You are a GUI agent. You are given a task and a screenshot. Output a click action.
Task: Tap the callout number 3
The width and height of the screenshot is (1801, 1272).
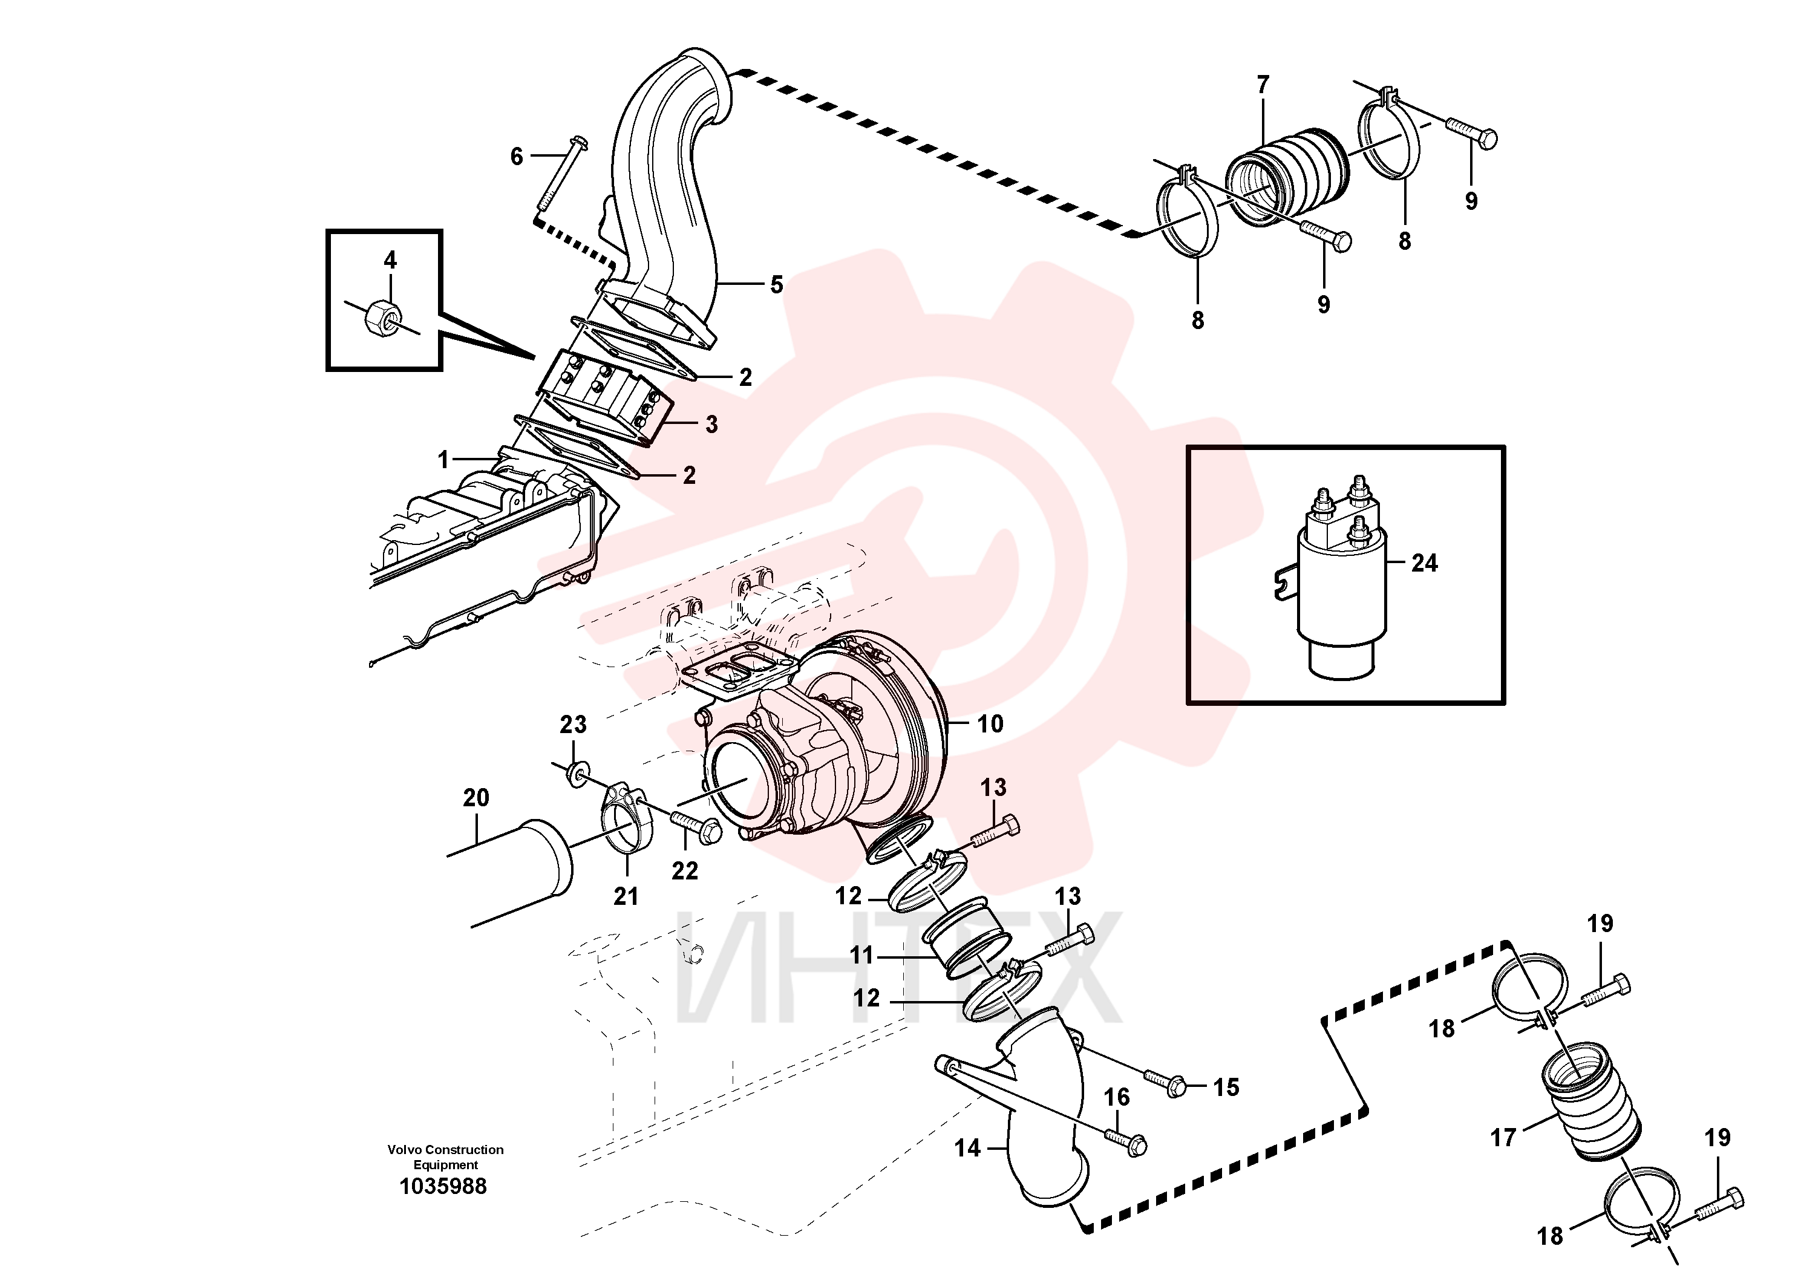pos(711,424)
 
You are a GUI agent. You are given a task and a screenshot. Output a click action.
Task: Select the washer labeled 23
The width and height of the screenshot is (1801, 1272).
pos(576,775)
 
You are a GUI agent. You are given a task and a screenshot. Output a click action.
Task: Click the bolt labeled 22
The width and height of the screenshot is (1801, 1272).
pos(696,827)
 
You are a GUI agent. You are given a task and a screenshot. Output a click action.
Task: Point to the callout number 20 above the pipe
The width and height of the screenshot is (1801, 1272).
pos(476,798)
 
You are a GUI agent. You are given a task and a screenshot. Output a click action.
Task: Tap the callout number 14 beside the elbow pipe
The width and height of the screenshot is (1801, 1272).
pos(967,1148)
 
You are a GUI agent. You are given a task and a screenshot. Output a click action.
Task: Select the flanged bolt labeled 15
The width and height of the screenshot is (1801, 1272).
pos(1165,1081)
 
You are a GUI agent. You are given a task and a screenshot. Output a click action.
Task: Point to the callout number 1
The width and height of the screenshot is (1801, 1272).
pos(443,460)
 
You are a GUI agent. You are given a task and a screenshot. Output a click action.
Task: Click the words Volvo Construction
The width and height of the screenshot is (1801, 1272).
pos(445,1150)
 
